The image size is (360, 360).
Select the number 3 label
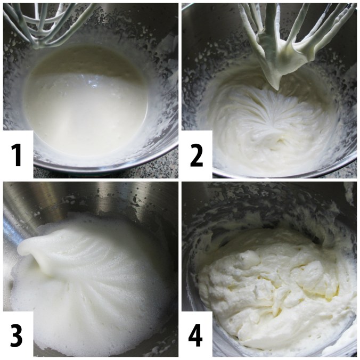click(16, 333)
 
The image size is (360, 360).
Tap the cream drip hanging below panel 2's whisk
click(275, 80)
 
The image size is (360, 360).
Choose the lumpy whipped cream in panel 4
click(266, 282)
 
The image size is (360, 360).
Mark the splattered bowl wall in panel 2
click(208, 59)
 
